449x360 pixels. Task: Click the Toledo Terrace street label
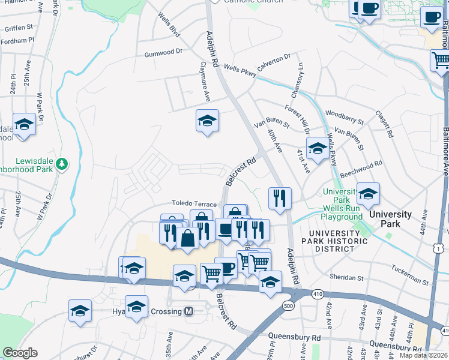tap(194, 205)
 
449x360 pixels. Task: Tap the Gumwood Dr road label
tap(163, 53)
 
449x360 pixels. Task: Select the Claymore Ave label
tap(205, 80)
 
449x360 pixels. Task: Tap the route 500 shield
tap(289, 306)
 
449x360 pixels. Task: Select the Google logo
tap(20, 353)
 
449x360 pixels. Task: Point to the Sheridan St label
tap(347, 278)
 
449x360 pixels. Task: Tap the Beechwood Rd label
tap(361, 169)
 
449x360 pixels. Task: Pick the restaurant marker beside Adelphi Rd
tap(280, 198)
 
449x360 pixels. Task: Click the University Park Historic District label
tap(338, 241)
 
